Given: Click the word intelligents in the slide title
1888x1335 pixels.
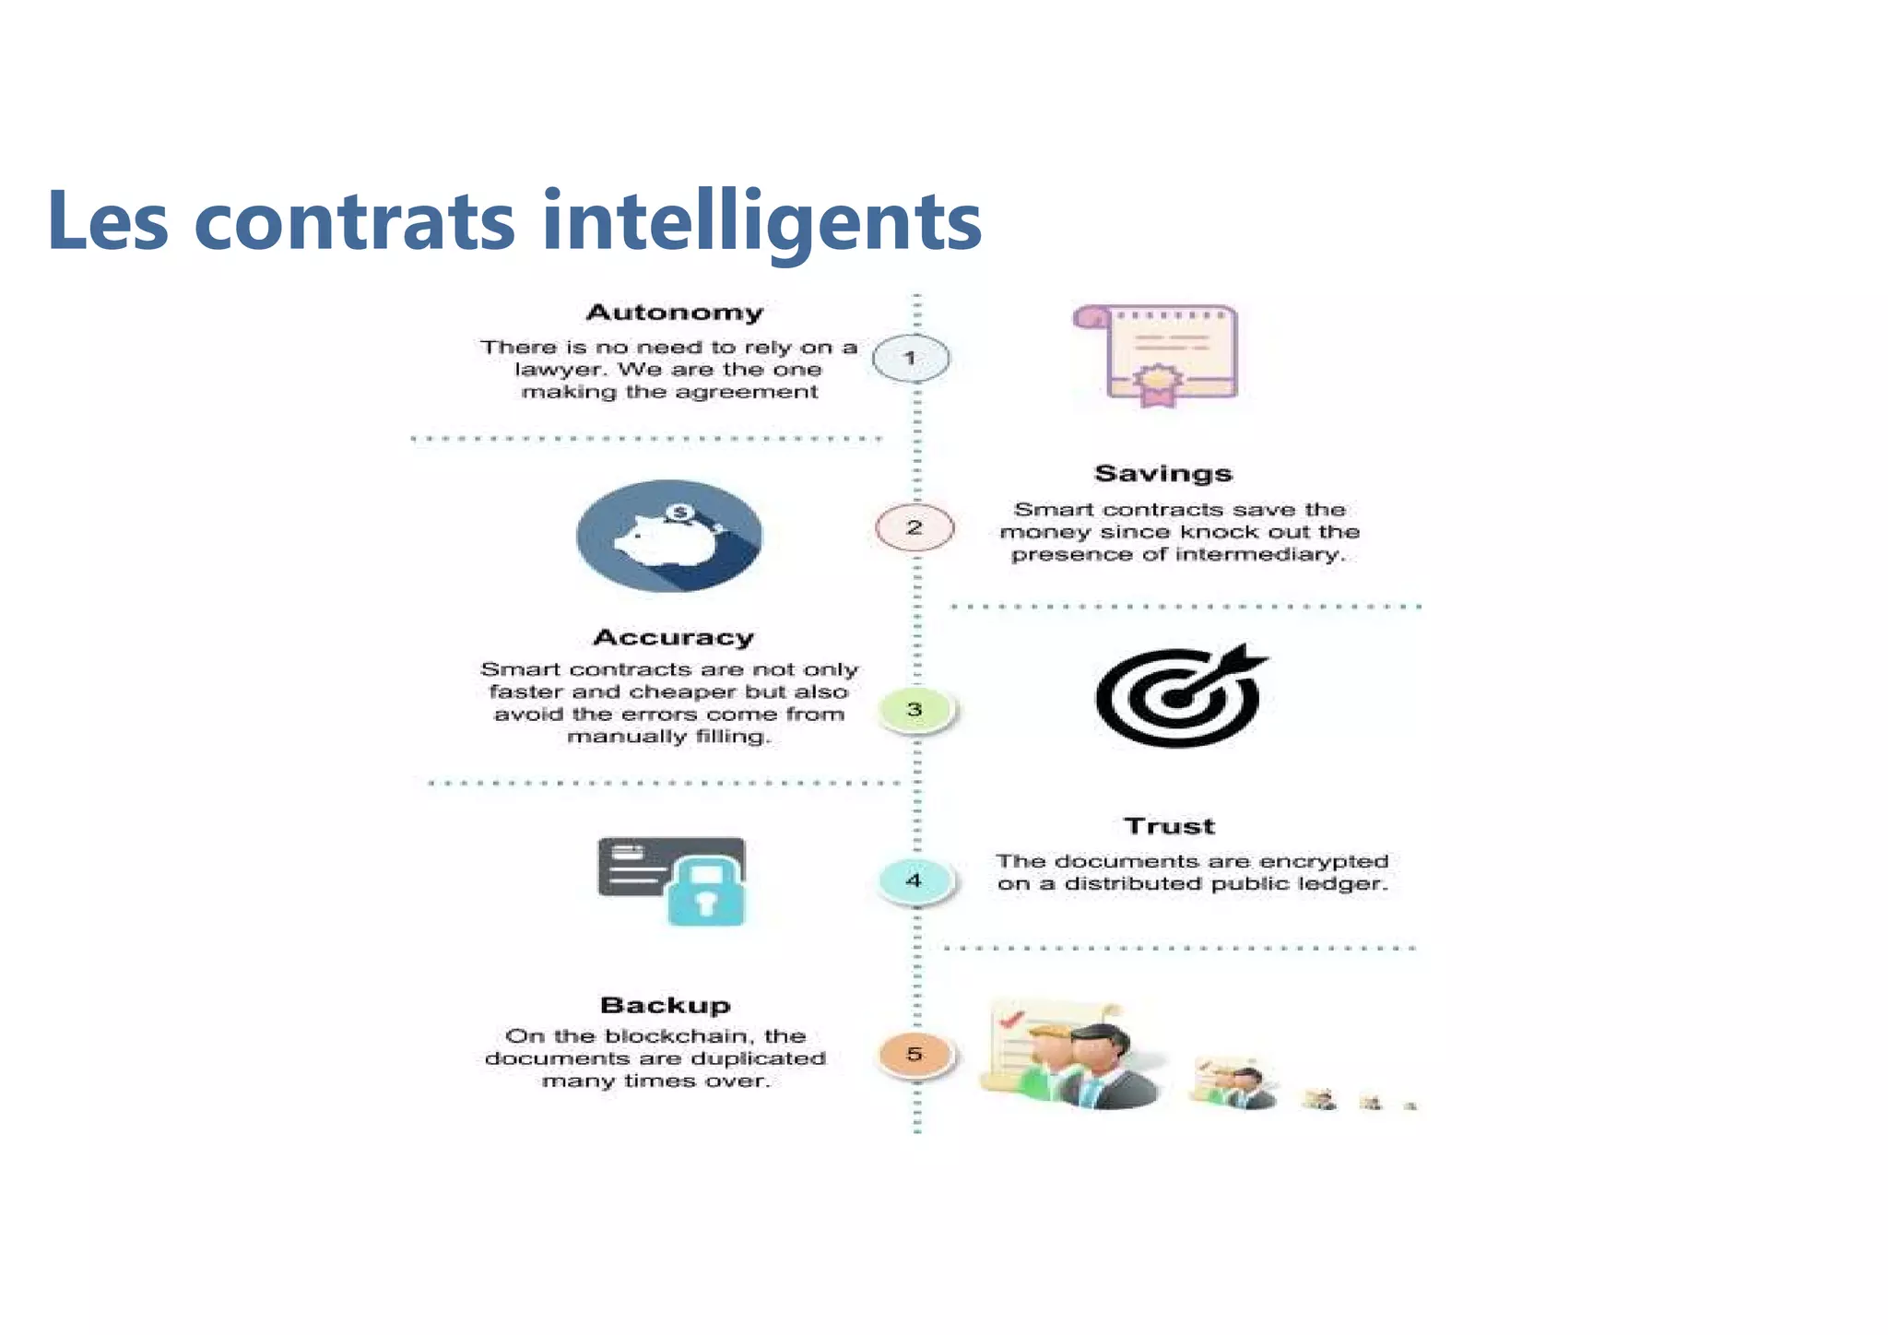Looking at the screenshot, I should pyautogui.click(x=761, y=221).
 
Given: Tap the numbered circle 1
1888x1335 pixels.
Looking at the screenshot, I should pyautogui.click(x=911, y=359).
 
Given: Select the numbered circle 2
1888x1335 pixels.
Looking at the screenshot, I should pyautogui.click(x=914, y=527).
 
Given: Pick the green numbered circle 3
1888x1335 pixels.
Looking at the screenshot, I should pyautogui.click(x=914, y=710).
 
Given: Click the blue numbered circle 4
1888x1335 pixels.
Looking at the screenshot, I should pyautogui.click(x=914, y=880).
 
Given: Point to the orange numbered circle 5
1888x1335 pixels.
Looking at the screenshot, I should pyautogui.click(x=914, y=1054).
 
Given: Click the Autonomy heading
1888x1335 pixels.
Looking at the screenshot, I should pyautogui.click(x=675, y=313).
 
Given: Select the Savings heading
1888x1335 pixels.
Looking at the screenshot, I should pyautogui.click(x=1162, y=474).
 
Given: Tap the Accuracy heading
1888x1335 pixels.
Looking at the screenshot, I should pyautogui.click(x=673, y=637).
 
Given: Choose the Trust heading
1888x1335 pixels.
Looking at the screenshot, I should pyautogui.click(x=1169, y=826).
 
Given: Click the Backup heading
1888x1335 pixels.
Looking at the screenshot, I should pyautogui.click(x=665, y=1005).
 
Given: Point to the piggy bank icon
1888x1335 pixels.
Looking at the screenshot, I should pyautogui.click(x=669, y=536).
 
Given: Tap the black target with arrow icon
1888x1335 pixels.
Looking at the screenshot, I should pyautogui.click(x=1179, y=695).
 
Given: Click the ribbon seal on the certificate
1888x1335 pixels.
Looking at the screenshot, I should pyautogui.click(x=1158, y=384).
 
